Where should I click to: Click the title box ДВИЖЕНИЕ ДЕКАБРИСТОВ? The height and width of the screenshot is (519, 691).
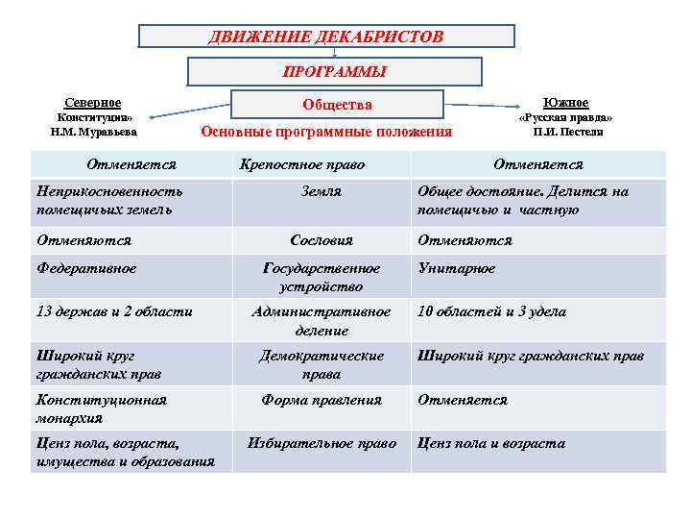326,37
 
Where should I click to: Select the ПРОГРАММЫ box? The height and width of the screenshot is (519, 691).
334,72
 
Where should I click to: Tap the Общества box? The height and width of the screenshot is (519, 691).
336,105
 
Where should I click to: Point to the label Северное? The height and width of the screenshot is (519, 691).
92,103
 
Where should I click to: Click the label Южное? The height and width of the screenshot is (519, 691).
565,103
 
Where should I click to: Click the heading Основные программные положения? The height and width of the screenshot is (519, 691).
325,132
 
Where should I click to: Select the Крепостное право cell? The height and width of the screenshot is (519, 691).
302,164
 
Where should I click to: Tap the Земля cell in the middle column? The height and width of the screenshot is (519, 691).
321,191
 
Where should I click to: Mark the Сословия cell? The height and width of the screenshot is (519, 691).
322,240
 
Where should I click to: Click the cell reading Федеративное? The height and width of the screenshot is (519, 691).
85,268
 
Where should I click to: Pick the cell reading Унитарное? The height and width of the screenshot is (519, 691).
456,268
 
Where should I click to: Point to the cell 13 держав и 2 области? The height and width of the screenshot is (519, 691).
113,311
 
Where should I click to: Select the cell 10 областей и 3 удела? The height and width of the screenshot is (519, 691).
491,311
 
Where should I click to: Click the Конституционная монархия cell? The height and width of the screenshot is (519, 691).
101,408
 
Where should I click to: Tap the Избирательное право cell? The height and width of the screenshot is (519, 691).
322,443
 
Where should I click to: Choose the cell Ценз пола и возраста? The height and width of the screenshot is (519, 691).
490,443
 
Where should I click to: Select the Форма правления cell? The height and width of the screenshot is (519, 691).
322,400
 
